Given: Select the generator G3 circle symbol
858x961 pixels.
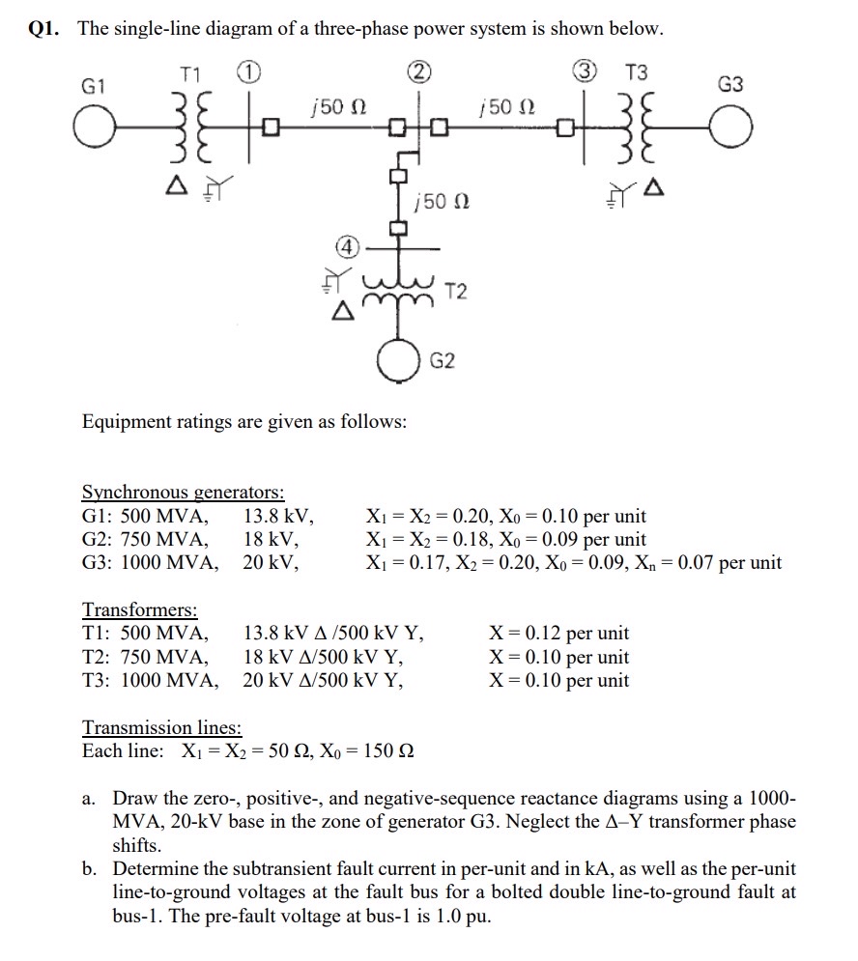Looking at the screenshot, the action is [x=731, y=127].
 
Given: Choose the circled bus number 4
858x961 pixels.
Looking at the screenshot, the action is [x=345, y=246].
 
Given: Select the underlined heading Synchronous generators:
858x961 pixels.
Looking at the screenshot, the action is [x=183, y=492].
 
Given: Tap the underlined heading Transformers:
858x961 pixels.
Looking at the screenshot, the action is [x=140, y=609].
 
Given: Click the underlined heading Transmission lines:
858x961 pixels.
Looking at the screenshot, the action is [x=161, y=727].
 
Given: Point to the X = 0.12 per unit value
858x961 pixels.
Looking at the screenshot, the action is [x=558, y=634].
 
